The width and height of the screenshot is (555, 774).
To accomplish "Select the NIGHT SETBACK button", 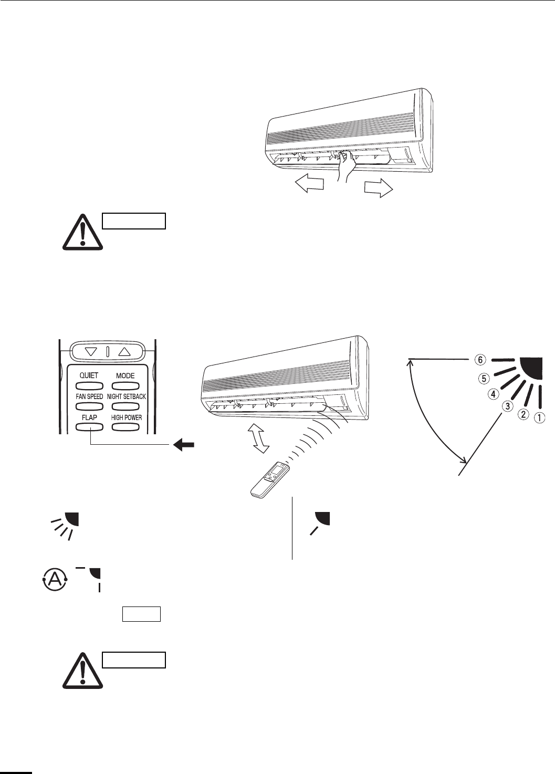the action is (126, 406).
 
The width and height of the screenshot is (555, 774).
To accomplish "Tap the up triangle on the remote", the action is (124, 351).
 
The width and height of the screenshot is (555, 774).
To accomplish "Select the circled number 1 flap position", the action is (539, 419).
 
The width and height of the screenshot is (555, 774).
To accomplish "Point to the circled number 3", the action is (507, 405).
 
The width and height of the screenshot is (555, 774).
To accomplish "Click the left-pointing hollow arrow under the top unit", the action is (309, 185).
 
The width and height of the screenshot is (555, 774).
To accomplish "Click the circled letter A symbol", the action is (51, 582).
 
